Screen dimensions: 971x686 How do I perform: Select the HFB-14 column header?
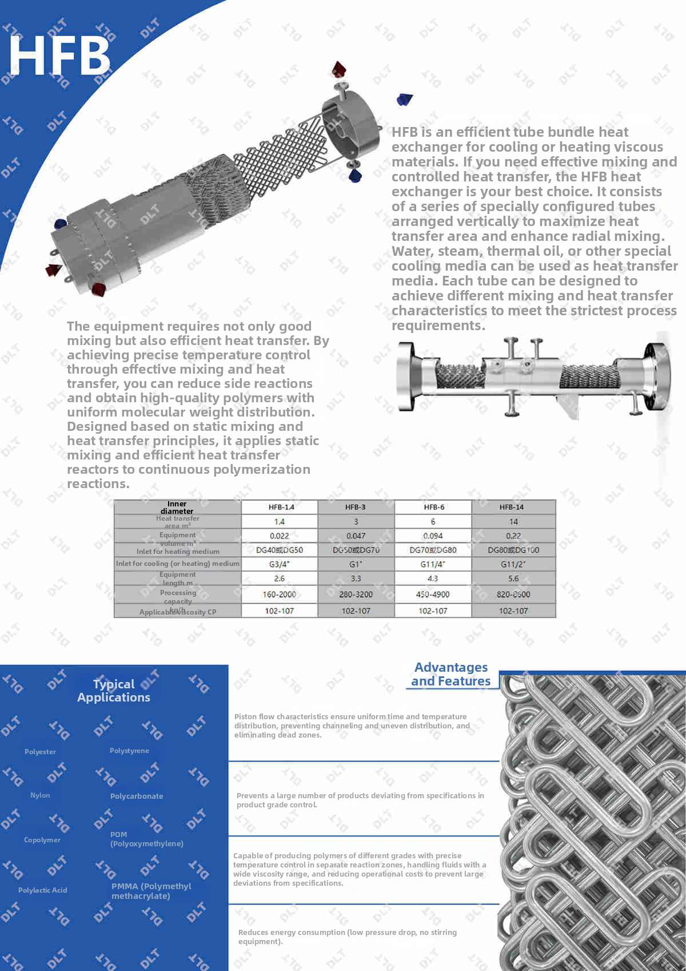511,507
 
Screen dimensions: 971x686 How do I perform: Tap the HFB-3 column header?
355,507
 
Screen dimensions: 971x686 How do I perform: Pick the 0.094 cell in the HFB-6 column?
433,536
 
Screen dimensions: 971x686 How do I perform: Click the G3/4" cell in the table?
279,564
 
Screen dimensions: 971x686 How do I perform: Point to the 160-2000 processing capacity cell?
279,595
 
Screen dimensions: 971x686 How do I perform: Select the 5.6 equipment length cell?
513,578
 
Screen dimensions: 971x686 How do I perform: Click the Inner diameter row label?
177,508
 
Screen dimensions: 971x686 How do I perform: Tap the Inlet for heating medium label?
178,552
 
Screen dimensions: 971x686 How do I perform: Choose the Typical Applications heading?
114,691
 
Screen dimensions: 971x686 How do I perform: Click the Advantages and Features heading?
450,674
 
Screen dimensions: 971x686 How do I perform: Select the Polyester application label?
40,752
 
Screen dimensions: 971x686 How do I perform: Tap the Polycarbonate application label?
137,796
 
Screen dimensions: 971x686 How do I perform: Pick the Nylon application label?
40,795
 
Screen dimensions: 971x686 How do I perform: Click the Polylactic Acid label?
42,890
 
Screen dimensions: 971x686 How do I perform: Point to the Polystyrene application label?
129,751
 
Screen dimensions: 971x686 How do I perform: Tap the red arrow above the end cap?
339,69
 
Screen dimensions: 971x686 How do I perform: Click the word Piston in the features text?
245,716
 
